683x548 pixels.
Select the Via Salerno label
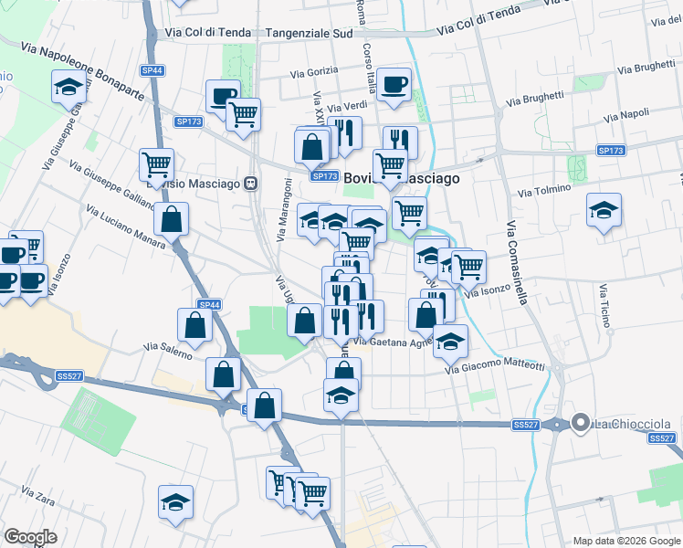(167, 349)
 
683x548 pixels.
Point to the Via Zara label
(39, 494)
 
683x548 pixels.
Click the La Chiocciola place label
(633, 424)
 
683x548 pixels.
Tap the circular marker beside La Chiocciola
(580, 423)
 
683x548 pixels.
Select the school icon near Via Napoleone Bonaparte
(68, 88)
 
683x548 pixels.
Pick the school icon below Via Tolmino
(604, 211)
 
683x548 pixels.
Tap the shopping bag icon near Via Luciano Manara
(171, 219)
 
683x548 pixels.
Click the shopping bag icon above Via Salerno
(195, 324)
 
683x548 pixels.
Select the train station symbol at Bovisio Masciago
(249, 184)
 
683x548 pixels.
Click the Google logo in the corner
(31, 537)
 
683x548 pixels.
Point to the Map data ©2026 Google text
(625, 541)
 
